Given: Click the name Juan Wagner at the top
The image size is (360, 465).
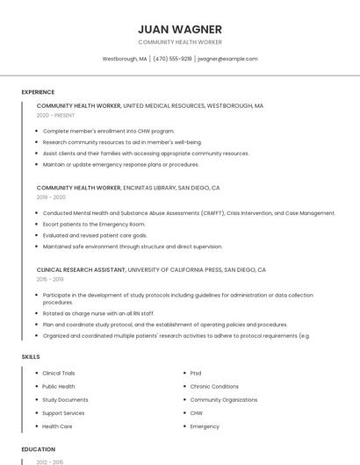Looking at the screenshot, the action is tap(180, 29).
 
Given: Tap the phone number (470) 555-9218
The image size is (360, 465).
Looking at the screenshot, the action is tap(172, 59).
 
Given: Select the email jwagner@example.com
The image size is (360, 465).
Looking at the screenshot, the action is tap(227, 59).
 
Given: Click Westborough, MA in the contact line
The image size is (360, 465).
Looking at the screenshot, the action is tap(125, 59).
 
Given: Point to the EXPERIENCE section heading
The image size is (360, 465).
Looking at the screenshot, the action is tap(38, 92).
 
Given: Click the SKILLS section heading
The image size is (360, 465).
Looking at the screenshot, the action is tap(31, 357).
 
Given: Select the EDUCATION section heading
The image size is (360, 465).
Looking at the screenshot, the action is tap(38, 449).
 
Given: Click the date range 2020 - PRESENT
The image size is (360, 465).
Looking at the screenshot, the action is tap(55, 115).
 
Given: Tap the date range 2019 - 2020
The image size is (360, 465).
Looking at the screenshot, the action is tap(52, 197).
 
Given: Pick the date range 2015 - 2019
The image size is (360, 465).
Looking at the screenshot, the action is tap(50, 279).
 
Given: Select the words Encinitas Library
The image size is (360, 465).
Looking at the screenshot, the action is tap(149, 188).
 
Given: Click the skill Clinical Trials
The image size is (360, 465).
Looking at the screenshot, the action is tap(59, 373).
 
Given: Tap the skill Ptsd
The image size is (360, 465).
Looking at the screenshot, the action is tap(198, 373).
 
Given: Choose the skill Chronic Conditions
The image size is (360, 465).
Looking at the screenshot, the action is tap(214, 386).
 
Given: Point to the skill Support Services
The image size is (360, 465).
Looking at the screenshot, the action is tap(63, 412).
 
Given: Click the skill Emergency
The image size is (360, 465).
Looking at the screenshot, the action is tap(205, 426).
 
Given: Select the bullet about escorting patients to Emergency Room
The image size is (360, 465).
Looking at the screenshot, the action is tap(96, 224).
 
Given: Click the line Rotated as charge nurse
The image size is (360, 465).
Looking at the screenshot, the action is tap(98, 313).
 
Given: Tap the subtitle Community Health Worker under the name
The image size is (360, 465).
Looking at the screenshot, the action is tap(180, 42).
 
